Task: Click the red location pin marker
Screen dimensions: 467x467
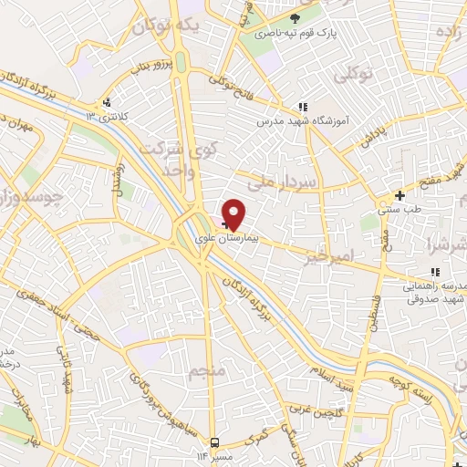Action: (234, 213)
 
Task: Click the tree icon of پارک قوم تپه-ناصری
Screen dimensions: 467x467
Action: (294, 18)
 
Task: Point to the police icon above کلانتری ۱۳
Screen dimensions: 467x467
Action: (108, 103)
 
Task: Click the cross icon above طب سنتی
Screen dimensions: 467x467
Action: (400, 195)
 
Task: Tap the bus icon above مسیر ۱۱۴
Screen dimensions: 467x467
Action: (213, 442)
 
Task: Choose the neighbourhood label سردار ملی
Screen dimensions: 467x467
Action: (288, 181)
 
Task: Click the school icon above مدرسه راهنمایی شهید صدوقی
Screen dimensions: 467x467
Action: (435, 271)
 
